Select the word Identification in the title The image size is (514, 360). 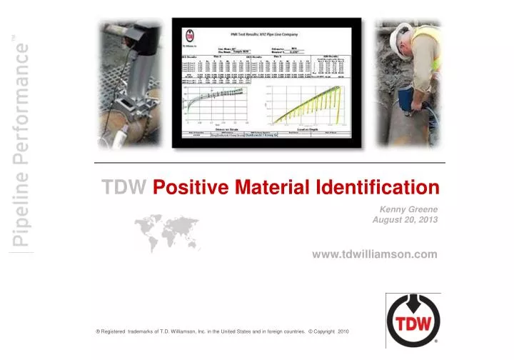tap(378, 188)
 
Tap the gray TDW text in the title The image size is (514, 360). tap(124, 188)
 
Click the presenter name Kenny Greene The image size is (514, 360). tap(408, 208)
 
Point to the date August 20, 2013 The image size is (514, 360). tap(405, 220)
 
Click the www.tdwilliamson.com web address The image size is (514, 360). tap(374, 254)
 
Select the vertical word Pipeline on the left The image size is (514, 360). tap(21, 210)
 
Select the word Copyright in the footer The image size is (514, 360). tap(322, 332)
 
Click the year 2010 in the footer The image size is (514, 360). tap(343, 332)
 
